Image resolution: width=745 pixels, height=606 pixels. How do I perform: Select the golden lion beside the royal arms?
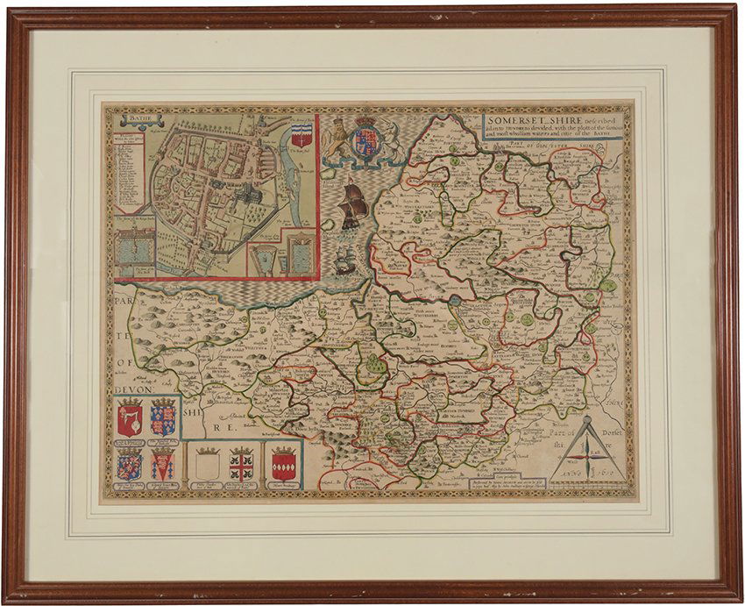(x=336, y=139)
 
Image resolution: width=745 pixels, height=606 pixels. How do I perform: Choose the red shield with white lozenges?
(x=282, y=462)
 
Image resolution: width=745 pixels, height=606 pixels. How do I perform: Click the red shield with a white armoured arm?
(x=130, y=418)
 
